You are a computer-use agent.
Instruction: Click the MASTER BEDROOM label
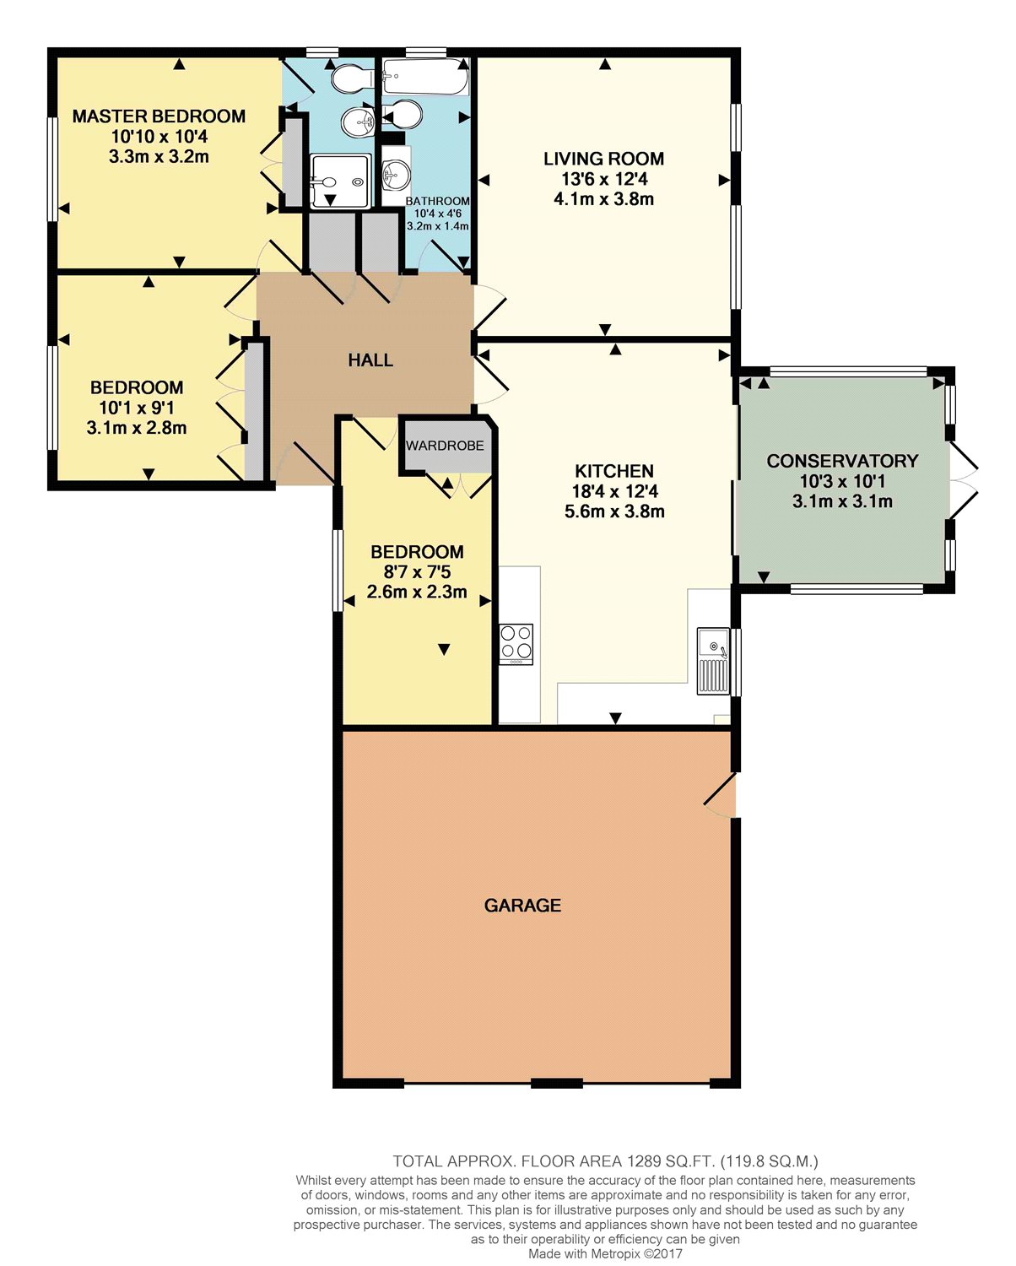[x=159, y=116]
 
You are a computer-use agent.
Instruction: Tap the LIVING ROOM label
[x=603, y=159]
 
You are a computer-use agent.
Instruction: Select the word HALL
[x=370, y=360]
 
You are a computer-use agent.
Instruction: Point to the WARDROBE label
[x=445, y=446]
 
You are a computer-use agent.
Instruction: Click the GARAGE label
[x=522, y=906]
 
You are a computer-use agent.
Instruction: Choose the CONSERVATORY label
[x=842, y=461]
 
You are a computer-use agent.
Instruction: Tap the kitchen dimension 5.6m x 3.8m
[x=615, y=511]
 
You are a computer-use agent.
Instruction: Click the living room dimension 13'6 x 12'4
[x=604, y=179]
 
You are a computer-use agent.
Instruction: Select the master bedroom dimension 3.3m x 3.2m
[x=159, y=156]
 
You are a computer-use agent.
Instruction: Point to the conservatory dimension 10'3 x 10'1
[x=842, y=481]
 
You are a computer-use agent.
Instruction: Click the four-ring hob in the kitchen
[x=516, y=644]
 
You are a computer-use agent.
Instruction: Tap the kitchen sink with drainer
[x=713, y=661]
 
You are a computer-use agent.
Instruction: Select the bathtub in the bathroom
[x=426, y=77]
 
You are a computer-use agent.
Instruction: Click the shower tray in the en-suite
[x=341, y=181]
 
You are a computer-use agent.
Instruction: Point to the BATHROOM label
[x=438, y=201]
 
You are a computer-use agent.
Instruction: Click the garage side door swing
[x=720, y=794]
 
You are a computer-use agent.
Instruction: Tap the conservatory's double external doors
[x=963, y=480]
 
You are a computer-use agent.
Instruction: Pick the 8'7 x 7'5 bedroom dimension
[x=417, y=572]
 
